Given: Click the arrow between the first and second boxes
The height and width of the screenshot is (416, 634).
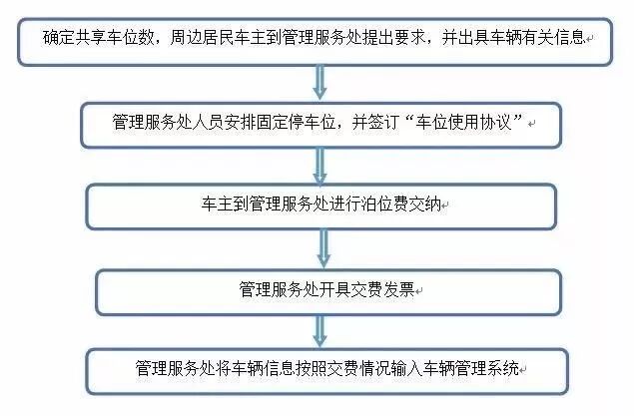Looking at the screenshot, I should [x=318, y=83].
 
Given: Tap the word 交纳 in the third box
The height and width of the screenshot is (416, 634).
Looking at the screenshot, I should [x=426, y=206].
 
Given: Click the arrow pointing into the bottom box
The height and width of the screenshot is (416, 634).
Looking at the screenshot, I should [x=319, y=328].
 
